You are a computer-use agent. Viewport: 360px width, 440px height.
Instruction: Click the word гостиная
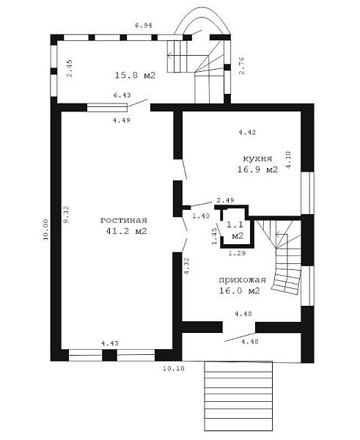click(x=124, y=220)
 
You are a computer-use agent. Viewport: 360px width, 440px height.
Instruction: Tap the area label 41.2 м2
click(x=127, y=231)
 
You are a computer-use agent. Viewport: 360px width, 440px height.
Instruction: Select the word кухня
click(x=257, y=158)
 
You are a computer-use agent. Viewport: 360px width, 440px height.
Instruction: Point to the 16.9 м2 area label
click(x=257, y=169)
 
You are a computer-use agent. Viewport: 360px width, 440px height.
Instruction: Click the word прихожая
click(x=243, y=280)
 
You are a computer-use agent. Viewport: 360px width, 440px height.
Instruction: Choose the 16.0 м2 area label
click(x=239, y=290)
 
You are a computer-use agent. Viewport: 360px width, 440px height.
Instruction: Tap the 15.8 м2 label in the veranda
click(x=135, y=76)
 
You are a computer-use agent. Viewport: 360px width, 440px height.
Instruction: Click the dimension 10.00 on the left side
click(x=46, y=230)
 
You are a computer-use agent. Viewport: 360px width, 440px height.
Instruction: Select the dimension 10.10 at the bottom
click(x=174, y=368)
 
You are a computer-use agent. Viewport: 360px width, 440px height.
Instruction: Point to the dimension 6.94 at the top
click(x=144, y=26)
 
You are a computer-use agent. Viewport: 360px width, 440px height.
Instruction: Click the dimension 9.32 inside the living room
click(x=67, y=214)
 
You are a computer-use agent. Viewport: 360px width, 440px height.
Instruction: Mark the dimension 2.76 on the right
click(x=242, y=66)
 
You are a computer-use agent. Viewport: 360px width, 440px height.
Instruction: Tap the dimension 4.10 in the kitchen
click(x=288, y=160)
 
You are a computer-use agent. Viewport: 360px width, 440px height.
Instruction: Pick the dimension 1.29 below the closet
click(x=237, y=254)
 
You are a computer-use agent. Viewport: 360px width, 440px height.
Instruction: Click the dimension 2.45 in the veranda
click(x=70, y=68)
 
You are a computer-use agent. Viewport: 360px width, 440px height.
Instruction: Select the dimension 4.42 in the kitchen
click(x=247, y=132)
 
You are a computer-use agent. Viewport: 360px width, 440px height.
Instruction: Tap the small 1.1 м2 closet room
click(x=235, y=230)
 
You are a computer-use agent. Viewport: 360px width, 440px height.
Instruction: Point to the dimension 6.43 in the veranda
click(x=122, y=95)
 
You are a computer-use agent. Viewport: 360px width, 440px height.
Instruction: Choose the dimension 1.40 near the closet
click(x=201, y=216)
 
